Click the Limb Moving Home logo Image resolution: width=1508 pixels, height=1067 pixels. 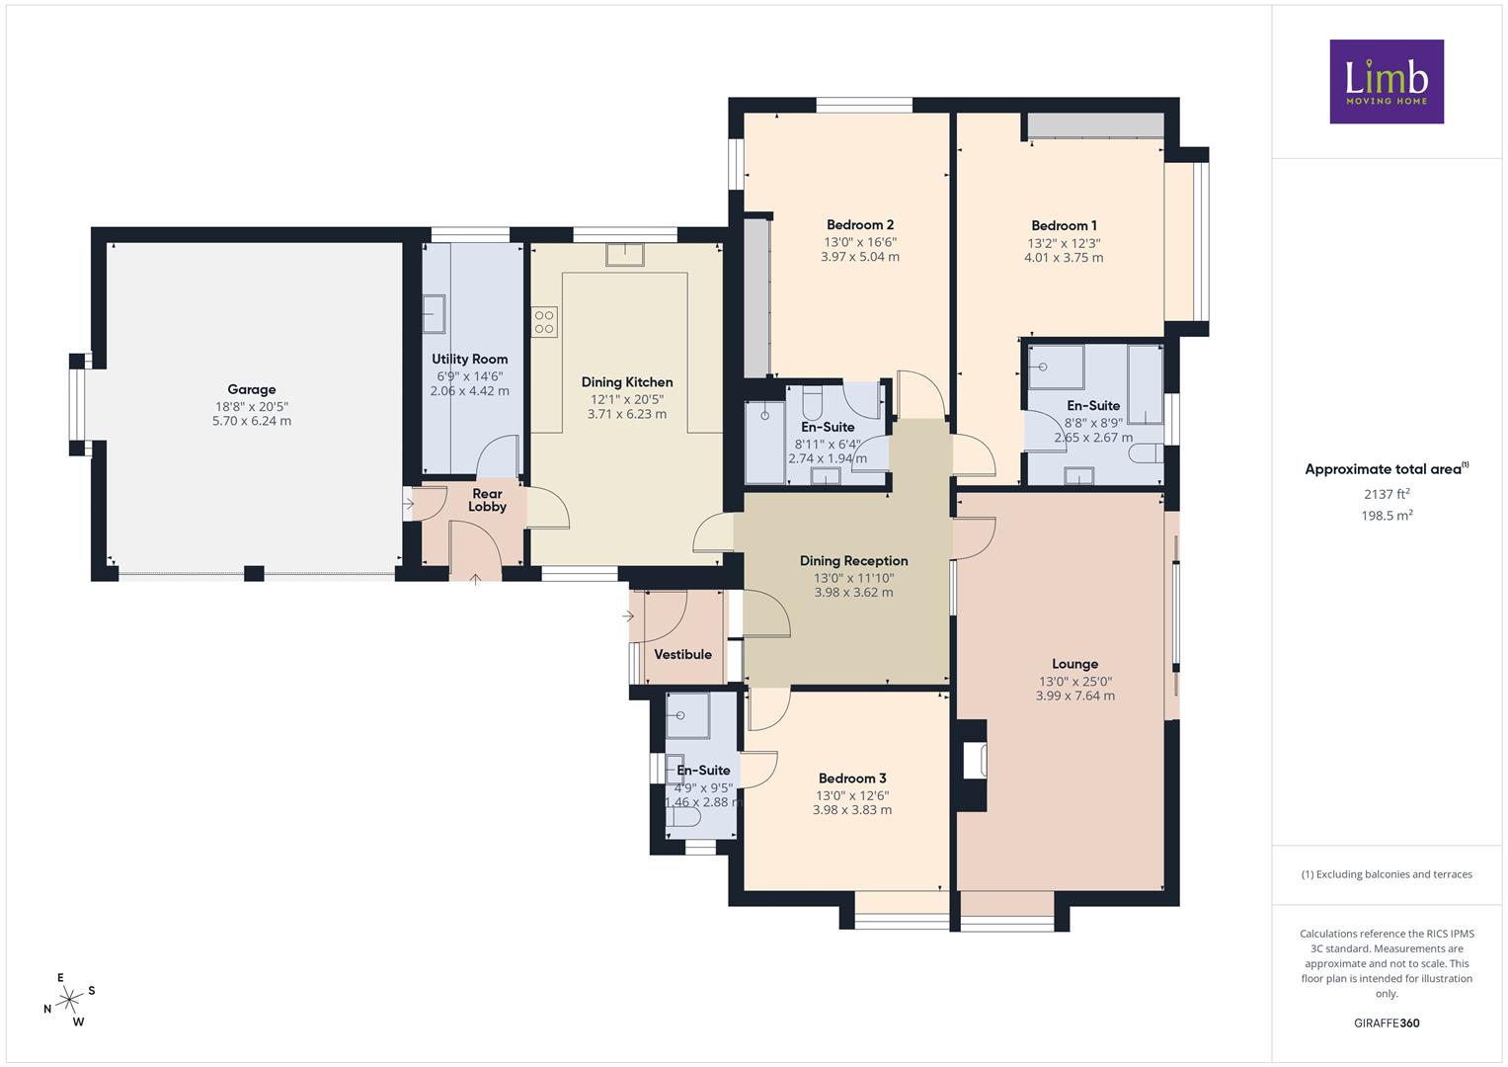(1387, 81)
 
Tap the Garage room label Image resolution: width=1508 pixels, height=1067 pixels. (252, 389)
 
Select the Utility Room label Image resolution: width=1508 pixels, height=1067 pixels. (470, 359)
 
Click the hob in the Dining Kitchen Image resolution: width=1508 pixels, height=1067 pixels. (544, 322)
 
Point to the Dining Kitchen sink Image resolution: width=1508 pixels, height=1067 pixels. (625, 255)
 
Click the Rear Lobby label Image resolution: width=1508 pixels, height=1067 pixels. (488, 500)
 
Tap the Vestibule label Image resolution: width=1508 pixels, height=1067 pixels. (682, 654)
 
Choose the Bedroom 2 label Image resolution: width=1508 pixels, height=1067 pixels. (860, 225)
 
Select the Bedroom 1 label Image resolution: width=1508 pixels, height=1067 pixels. (1064, 225)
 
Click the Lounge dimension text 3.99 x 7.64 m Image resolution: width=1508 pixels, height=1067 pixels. (1075, 696)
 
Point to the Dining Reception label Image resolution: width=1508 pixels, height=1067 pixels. (853, 560)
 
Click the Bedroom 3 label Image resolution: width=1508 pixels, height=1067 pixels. (852, 779)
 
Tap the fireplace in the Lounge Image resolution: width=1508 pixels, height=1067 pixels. (974, 760)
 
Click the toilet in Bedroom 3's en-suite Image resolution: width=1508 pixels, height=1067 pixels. (683, 817)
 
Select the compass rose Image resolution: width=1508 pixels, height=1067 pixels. (69, 999)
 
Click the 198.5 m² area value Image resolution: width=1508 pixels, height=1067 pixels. (1387, 516)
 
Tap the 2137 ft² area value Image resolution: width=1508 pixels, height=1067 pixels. (1387, 494)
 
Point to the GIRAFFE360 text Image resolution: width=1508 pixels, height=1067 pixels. (1387, 1023)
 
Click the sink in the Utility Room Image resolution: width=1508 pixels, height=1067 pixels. (434, 314)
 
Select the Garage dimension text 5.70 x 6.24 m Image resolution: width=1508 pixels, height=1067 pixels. (252, 421)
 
